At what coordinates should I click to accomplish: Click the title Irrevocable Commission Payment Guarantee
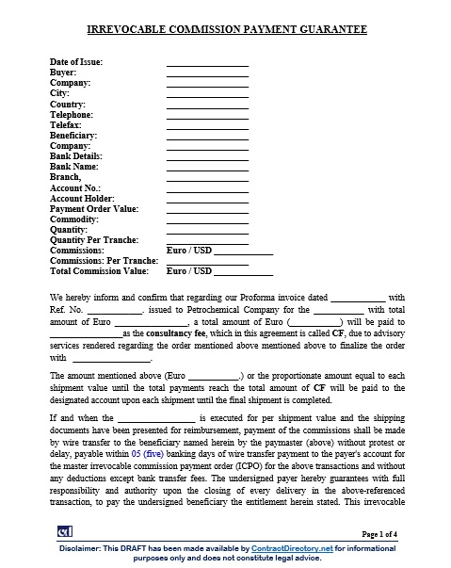tap(226, 30)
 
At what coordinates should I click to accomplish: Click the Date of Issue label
tap(76, 62)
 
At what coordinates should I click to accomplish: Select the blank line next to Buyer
tap(207, 73)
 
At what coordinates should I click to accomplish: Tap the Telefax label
tap(66, 124)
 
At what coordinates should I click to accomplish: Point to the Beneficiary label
tap(72, 135)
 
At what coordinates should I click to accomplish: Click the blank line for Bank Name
tap(207, 166)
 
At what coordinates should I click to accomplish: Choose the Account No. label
tap(74, 187)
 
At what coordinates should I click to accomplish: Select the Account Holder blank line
tap(207, 198)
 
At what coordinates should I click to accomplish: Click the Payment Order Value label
tap(93, 208)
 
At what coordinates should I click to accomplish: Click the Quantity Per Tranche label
tap(93, 239)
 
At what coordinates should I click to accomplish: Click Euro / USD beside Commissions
tap(188, 251)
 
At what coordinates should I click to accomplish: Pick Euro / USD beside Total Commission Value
tap(188, 271)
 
